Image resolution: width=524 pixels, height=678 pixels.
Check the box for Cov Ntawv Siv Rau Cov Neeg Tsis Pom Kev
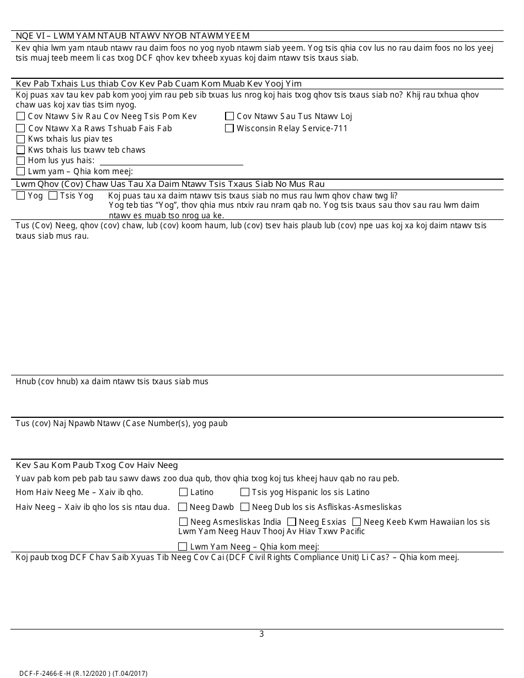pos(20,116)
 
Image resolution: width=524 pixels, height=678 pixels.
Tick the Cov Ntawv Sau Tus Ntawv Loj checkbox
pos(229,116)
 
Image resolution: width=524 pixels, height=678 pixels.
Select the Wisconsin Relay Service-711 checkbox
pos(229,128)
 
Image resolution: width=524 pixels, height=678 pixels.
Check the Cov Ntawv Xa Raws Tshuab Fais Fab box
pos(20,128)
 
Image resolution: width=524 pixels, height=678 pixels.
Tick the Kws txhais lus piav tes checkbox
pos(20,139)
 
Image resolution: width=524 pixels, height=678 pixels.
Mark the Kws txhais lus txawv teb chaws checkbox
pos(20,150)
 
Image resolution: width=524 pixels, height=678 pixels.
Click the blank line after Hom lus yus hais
pos(170,160)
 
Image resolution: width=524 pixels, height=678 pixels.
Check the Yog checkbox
pos(20,196)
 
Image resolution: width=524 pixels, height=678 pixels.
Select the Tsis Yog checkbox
pos(53,196)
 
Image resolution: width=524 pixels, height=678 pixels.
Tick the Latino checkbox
pos(183,492)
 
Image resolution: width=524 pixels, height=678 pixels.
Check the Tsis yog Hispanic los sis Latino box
pos(245,492)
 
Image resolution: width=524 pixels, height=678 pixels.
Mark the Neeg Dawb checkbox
pos(183,507)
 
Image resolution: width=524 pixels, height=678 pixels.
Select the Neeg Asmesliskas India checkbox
pos(183,522)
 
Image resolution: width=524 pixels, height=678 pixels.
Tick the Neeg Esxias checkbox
pos(292,522)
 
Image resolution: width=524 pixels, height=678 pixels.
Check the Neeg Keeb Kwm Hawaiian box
pos(357,522)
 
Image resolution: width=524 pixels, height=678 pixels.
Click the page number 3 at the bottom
pos(261,634)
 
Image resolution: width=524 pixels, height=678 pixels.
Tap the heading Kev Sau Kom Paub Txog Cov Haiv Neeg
pos(97,465)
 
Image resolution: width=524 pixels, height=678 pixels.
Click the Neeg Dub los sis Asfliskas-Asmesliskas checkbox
pos(245,507)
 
